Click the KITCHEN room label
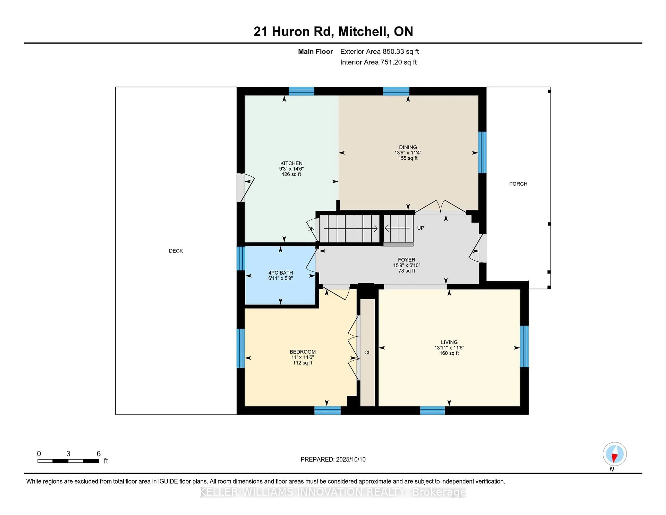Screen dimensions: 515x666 (x=291, y=163)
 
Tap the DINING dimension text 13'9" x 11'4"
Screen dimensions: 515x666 (x=408, y=153)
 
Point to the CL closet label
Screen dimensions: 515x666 (x=368, y=352)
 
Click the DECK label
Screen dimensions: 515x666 (x=176, y=251)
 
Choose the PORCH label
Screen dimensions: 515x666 (x=518, y=184)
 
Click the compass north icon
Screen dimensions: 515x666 (x=614, y=454)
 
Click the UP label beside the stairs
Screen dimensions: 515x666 (x=421, y=228)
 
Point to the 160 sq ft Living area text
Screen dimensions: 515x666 (x=449, y=353)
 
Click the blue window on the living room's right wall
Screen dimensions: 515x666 (x=524, y=346)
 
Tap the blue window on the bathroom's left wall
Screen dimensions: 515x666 (x=241, y=258)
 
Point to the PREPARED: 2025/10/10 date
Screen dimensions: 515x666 (x=333, y=459)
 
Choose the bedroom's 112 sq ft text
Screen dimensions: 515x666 (x=302, y=363)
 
